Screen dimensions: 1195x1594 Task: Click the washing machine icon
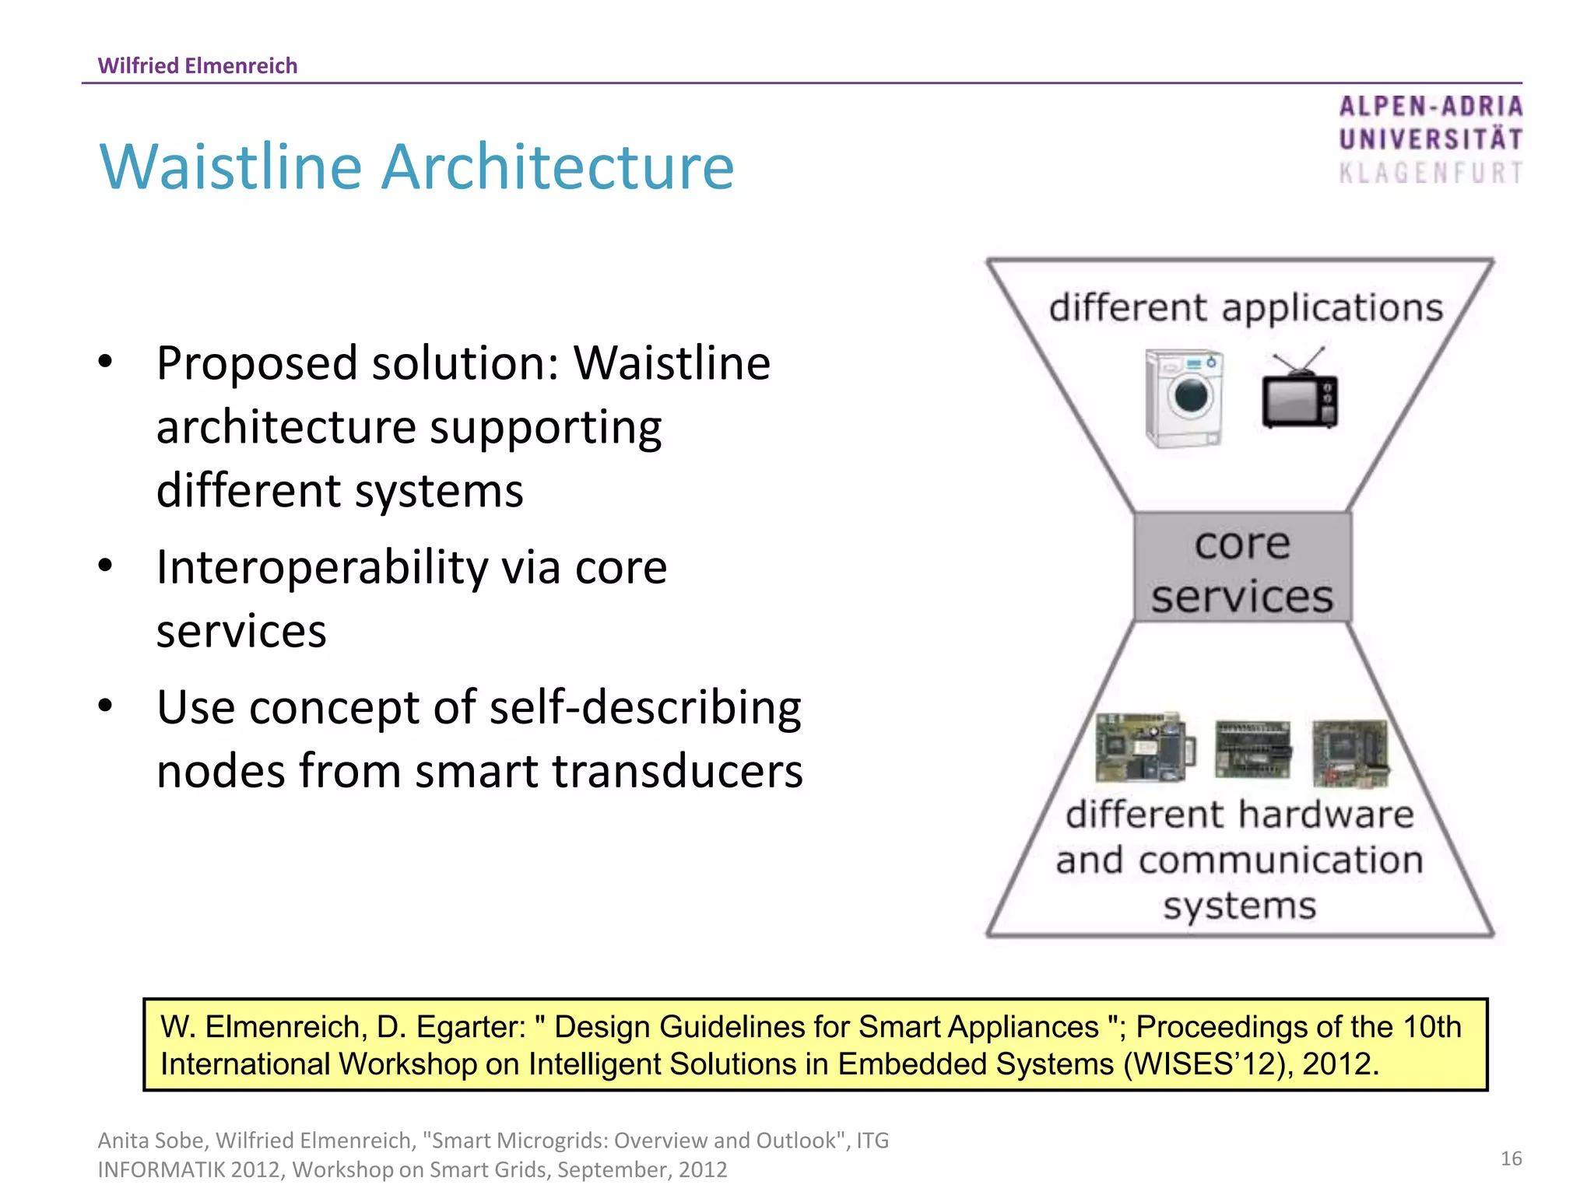coord(1184,398)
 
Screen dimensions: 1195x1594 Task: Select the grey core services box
coord(1241,567)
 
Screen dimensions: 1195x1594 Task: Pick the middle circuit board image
coord(1252,749)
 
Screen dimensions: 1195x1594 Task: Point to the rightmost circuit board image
coord(1350,752)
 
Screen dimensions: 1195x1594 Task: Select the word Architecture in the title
coord(557,166)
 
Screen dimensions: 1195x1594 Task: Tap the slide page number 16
coord(1511,1158)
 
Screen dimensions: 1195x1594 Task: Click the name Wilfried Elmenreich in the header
coord(198,65)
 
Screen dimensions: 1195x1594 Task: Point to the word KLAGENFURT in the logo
coord(1431,173)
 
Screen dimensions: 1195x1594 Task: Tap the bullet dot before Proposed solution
coord(106,362)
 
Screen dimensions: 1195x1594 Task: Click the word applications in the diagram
coord(1332,307)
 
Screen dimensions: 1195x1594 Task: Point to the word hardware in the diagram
coord(1326,815)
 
